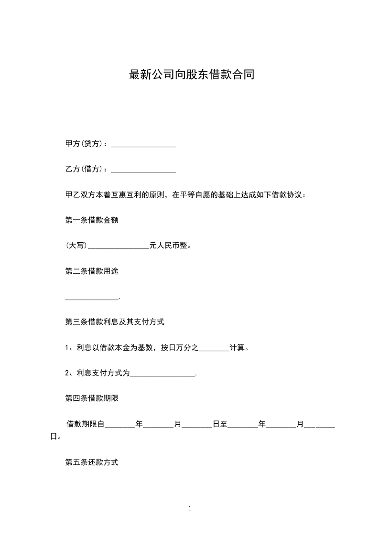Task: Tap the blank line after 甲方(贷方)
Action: [x=143, y=144]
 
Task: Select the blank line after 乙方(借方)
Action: [x=143, y=170]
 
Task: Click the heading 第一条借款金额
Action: [x=91, y=221]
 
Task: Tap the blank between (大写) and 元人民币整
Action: [x=119, y=247]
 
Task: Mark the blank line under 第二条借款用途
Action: [x=91, y=298]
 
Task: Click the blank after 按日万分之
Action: [x=214, y=349]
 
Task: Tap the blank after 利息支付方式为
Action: [x=162, y=375]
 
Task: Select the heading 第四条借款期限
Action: [x=91, y=399]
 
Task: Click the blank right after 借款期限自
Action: [x=119, y=425]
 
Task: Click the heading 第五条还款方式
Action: [x=91, y=463]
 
